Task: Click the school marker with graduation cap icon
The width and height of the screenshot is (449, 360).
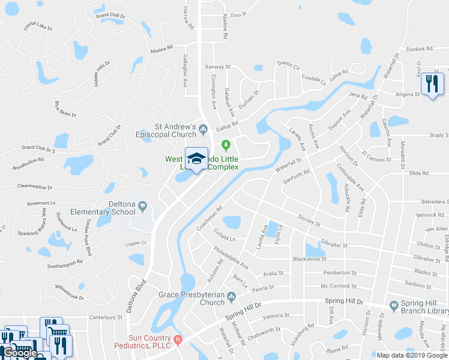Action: coord(196,159)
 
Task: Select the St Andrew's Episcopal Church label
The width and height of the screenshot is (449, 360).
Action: coord(176,130)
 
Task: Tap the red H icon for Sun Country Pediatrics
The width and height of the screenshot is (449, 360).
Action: coord(178,341)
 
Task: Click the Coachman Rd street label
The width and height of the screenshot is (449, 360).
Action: coord(209,219)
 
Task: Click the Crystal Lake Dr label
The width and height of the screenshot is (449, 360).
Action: coord(38,28)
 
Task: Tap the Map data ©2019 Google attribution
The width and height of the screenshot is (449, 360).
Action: coord(412,355)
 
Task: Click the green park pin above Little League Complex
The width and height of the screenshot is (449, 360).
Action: coord(226,145)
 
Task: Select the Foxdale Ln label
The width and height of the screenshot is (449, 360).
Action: coord(313,78)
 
